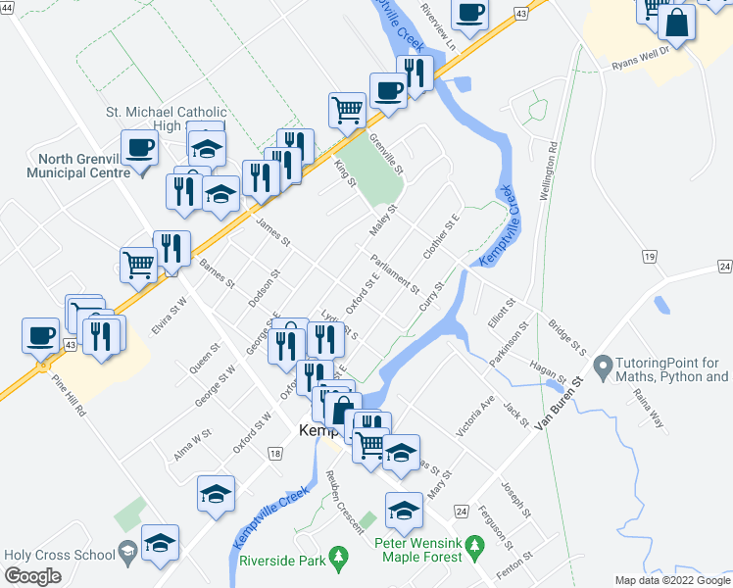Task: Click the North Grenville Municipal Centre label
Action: pyautogui.click(x=83, y=166)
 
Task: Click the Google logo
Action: pyautogui.click(x=32, y=576)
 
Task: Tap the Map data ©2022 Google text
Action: pyautogui.click(x=672, y=580)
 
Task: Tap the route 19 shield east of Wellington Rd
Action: pyautogui.click(x=648, y=256)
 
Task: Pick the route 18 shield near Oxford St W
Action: pyautogui.click(x=274, y=454)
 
